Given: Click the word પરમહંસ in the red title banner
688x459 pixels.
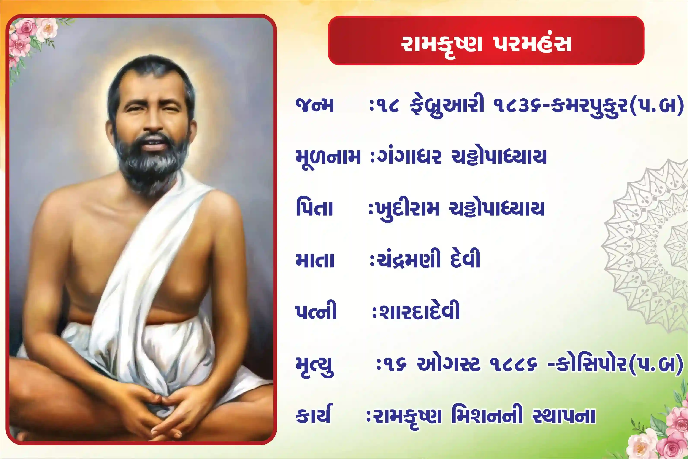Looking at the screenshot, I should pos(532,45).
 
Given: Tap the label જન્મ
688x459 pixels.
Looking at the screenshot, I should pos(315,105).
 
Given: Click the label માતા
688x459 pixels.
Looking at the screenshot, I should pos(315,260).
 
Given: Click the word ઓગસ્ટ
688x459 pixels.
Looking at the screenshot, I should pos(449,364).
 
